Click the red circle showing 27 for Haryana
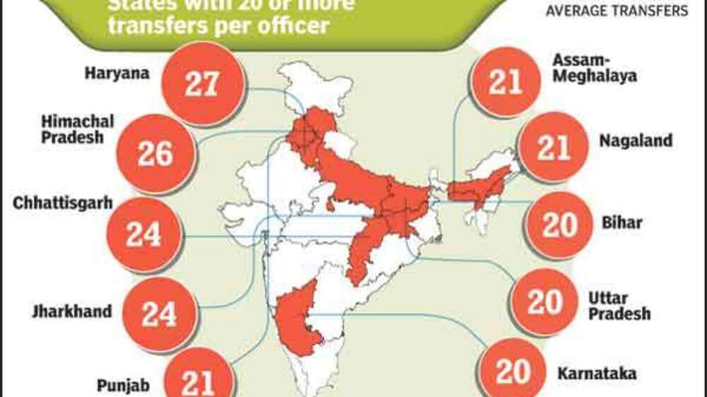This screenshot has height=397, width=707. (x=201, y=83)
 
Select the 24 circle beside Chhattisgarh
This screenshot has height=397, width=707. (x=144, y=235)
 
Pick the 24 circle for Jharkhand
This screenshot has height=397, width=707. (x=158, y=314)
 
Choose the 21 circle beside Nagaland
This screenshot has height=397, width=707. (x=553, y=147)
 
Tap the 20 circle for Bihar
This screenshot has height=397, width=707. (x=561, y=225)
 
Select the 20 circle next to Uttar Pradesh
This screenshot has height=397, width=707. (x=544, y=302)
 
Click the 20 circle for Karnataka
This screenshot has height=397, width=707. (x=515, y=370)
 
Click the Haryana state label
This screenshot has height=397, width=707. (x=116, y=73)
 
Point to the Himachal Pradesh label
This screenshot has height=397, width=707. (x=77, y=129)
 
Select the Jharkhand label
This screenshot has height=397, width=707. (x=71, y=311)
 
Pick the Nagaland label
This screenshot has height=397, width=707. (x=636, y=141)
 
